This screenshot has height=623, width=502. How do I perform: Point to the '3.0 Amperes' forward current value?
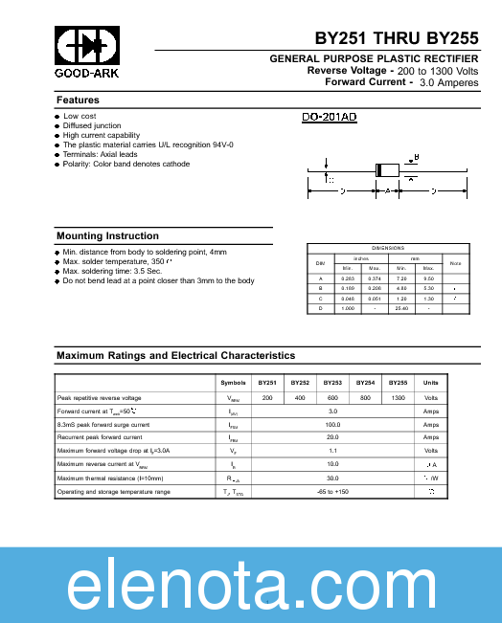tap(448, 83)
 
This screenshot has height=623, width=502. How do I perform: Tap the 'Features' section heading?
tap(78, 100)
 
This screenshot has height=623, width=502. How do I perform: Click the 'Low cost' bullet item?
tap(80, 116)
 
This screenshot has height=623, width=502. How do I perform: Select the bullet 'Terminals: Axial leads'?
tap(100, 154)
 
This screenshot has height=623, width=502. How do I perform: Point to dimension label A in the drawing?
tap(387, 191)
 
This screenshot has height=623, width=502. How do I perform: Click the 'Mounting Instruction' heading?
tap(107, 236)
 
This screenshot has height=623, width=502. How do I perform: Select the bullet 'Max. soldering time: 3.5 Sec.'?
tap(120, 271)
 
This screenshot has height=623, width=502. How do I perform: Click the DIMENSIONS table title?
tap(388, 248)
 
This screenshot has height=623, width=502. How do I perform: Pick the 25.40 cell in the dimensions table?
tap(401, 308)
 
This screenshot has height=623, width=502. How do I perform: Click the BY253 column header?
tap(332, 382)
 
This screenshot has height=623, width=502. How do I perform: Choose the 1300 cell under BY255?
tap(398, 397)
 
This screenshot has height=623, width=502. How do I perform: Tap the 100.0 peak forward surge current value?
tap(332, 424)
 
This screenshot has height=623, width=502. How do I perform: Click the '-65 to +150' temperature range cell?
tap(332, 491)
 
